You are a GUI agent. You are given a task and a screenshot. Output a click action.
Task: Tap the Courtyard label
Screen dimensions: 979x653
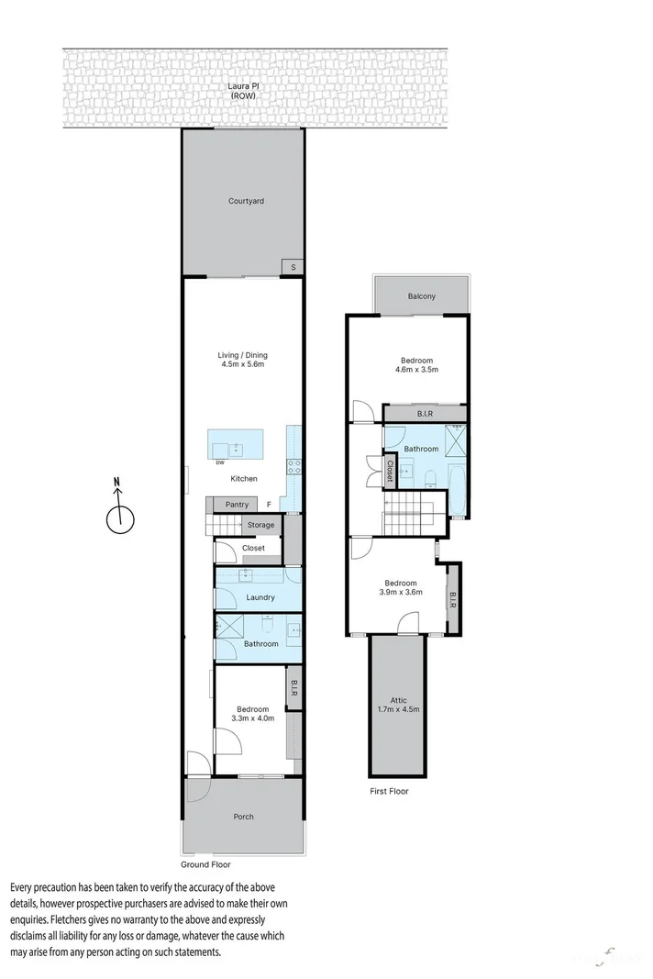tap(246, 201)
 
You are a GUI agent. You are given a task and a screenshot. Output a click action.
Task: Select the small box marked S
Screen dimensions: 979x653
tap(293, 266)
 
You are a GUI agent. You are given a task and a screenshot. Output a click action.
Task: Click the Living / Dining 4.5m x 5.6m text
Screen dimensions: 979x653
tap(242, 360)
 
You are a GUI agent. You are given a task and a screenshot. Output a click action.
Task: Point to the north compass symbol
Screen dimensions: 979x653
tap(120, 514)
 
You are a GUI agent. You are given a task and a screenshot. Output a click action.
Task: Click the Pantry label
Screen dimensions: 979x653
tap(237, 505)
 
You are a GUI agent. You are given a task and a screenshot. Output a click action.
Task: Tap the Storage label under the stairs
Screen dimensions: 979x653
tap(260, 525)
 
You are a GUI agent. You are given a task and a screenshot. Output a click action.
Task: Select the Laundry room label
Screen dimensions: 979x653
tap(260, 597)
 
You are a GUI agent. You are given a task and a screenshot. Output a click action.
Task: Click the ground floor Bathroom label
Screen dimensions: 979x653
tap(260, 644)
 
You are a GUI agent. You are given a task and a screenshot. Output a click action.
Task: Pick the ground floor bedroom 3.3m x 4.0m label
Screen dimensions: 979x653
tap(252, 714)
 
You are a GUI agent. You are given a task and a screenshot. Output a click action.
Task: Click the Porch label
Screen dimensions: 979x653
tap(243, 817)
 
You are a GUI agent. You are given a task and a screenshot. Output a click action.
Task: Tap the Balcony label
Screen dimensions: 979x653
tap(422, 296)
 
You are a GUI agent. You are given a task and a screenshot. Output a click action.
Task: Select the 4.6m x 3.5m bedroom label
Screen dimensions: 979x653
tap(416, 365)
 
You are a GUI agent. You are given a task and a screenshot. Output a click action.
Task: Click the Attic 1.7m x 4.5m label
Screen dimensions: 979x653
tap(398, 705)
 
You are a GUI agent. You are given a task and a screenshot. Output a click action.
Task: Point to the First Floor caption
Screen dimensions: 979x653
tap(388, 791)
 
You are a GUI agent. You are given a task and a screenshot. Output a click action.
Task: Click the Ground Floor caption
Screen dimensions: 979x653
tap(206, 864)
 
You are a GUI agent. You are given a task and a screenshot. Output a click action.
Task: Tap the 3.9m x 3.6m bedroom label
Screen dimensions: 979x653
tap(400, 588)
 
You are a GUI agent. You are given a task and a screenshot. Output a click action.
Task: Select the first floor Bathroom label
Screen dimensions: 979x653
tap(422, 449)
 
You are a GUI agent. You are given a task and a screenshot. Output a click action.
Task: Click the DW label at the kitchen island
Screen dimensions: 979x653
tap(220, 462)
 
